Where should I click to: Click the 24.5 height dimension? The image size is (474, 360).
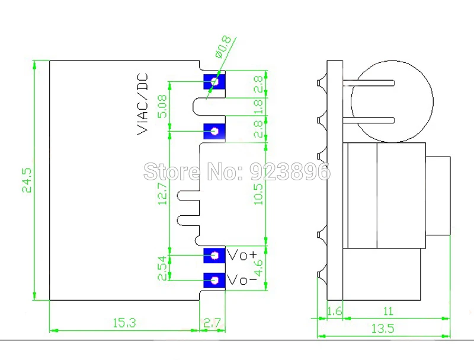(27, 181)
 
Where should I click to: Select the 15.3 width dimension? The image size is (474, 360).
(124, 323)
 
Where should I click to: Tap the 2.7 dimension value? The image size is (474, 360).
(212, 323)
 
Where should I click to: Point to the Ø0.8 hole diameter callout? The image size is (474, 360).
(223, 47)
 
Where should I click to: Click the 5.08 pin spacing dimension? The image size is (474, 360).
(162, 106)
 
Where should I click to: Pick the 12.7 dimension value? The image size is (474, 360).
(162, 193)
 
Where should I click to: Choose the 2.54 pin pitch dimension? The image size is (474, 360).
(162, 268)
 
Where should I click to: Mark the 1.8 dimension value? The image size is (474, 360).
(258, 107)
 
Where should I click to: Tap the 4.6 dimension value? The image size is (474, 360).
(259, 267)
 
